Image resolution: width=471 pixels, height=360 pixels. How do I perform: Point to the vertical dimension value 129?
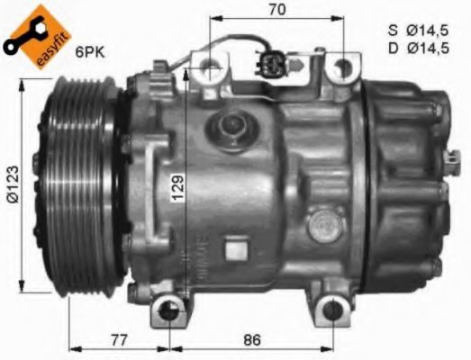click(x=178, y=188)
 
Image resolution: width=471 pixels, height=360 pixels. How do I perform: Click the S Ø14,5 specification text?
click(x=419, y=29)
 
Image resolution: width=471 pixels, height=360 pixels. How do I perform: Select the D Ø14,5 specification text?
click(x=419, y=47)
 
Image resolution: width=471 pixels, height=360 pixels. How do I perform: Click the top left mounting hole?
click(x=208, y=66)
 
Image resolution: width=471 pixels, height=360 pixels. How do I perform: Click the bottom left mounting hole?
click(x=169, y=312)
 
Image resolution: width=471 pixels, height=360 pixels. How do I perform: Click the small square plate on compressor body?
click(x=237, y=245)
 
